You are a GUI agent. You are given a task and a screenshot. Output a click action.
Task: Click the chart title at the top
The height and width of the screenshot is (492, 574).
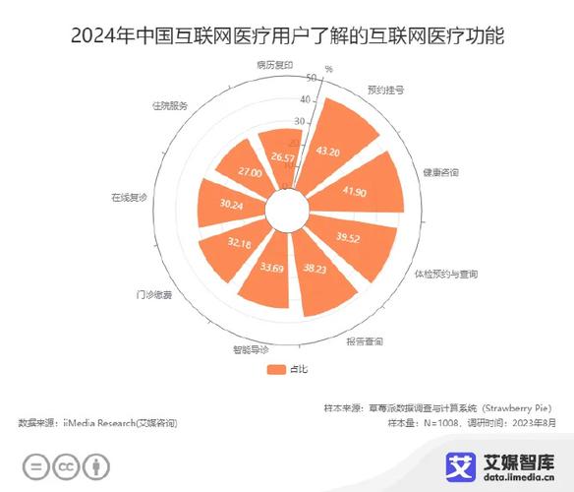point(287,37)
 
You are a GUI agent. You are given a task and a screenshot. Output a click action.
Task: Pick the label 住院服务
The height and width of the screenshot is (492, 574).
point(169,104)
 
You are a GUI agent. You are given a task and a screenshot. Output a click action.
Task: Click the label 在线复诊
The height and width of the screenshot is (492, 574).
point(129,198)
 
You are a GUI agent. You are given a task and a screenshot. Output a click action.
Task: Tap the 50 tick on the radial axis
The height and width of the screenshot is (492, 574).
point(311,78)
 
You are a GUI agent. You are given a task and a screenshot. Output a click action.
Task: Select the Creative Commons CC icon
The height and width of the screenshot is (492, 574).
point(66,466)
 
